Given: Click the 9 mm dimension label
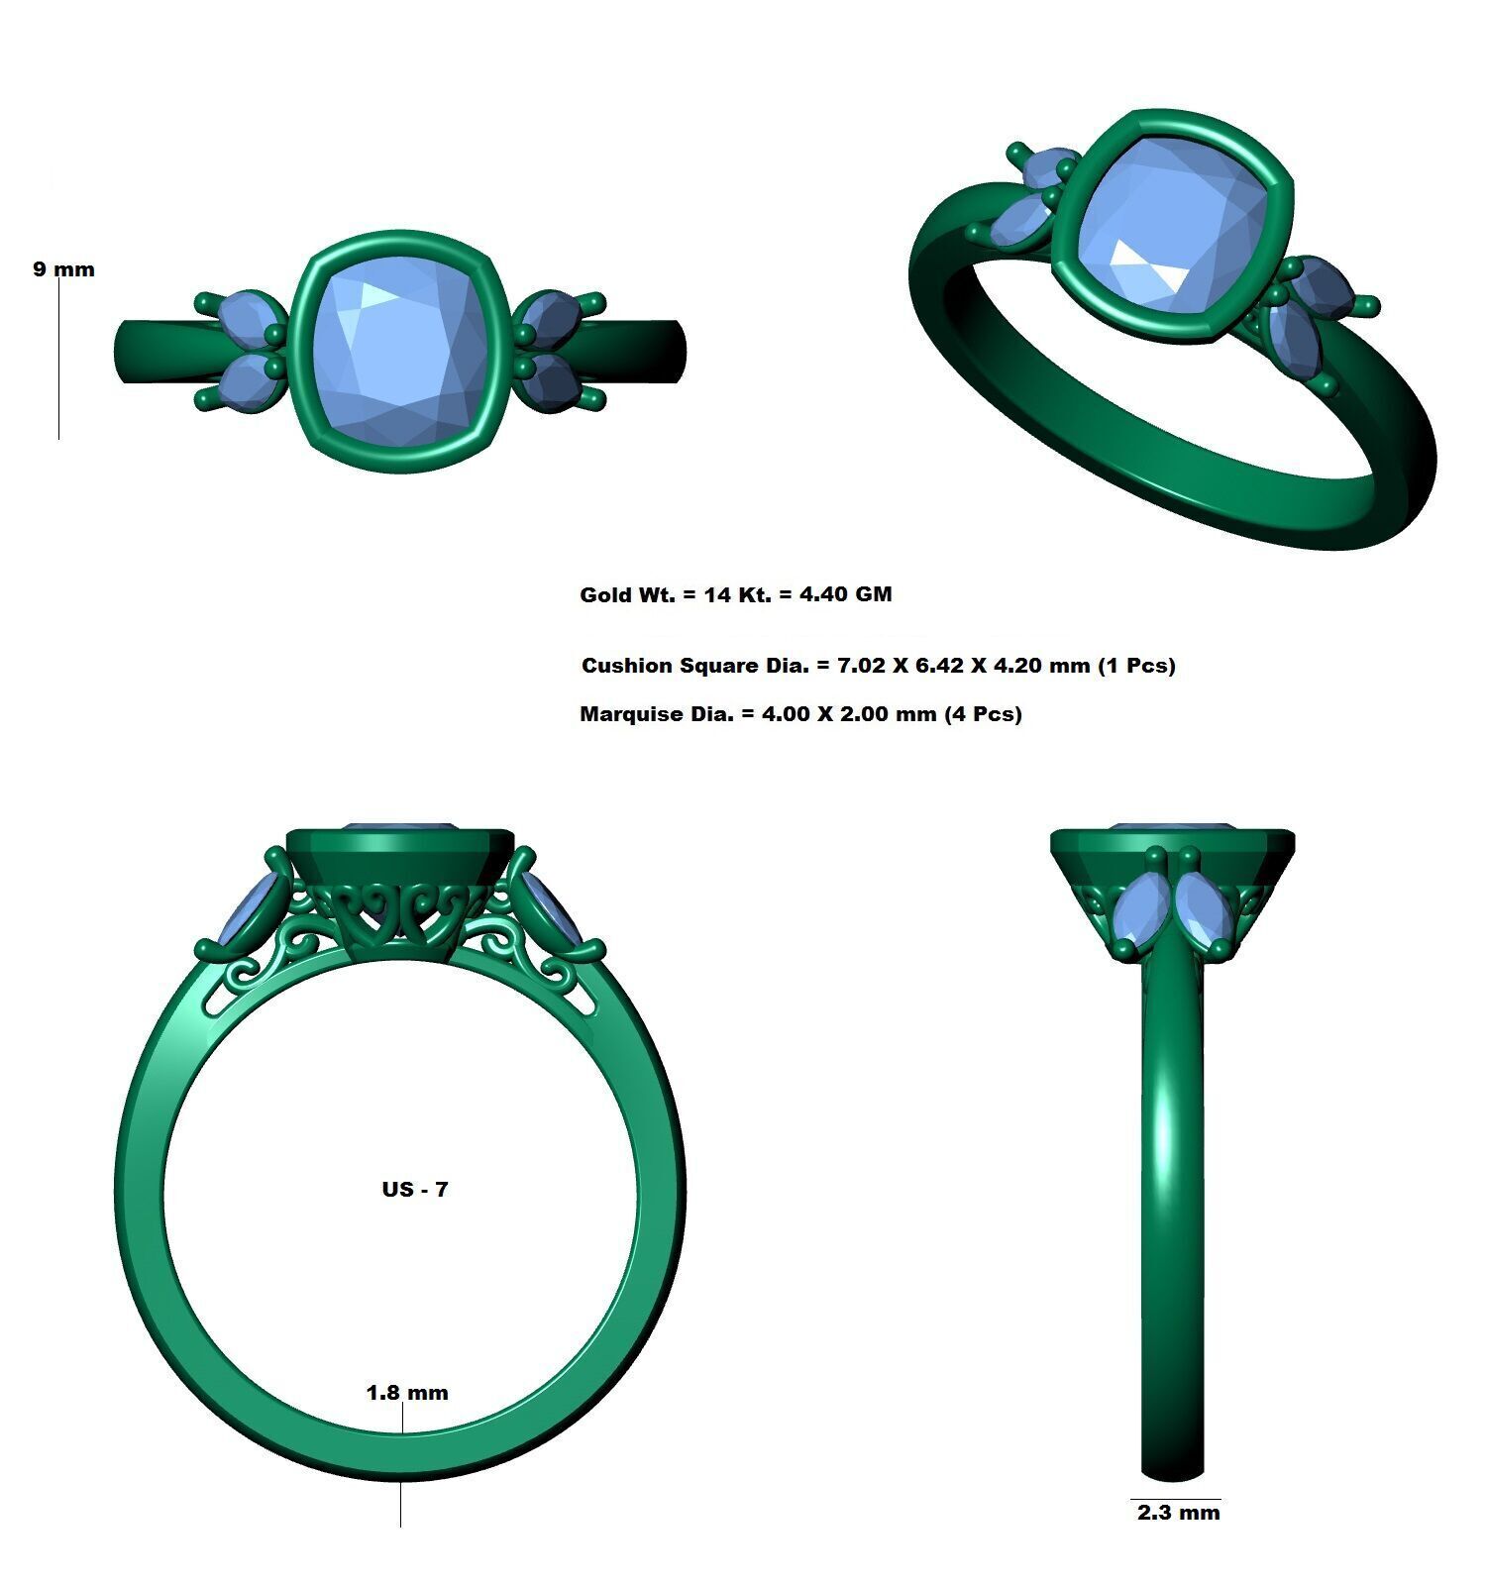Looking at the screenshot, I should click(63, 269).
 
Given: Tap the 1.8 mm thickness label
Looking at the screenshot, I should click(407, 1393).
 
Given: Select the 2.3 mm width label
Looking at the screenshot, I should click(1178, 1513).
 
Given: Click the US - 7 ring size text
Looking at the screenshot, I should click(415, 1189).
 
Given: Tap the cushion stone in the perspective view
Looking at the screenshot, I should click(1169, 228).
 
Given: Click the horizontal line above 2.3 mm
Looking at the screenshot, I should click(1176, 1499).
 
